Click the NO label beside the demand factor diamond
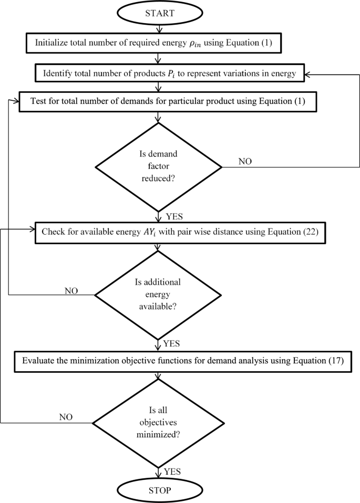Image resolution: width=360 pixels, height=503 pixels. click(x=245, y=162)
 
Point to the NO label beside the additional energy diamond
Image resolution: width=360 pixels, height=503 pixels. click(x=72, y=290)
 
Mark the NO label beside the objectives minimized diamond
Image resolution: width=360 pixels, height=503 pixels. click(x=65, y=417)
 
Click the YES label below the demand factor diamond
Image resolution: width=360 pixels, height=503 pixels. click(x=173, y=216)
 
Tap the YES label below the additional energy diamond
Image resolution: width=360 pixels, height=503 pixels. click(x=172, y=344)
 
